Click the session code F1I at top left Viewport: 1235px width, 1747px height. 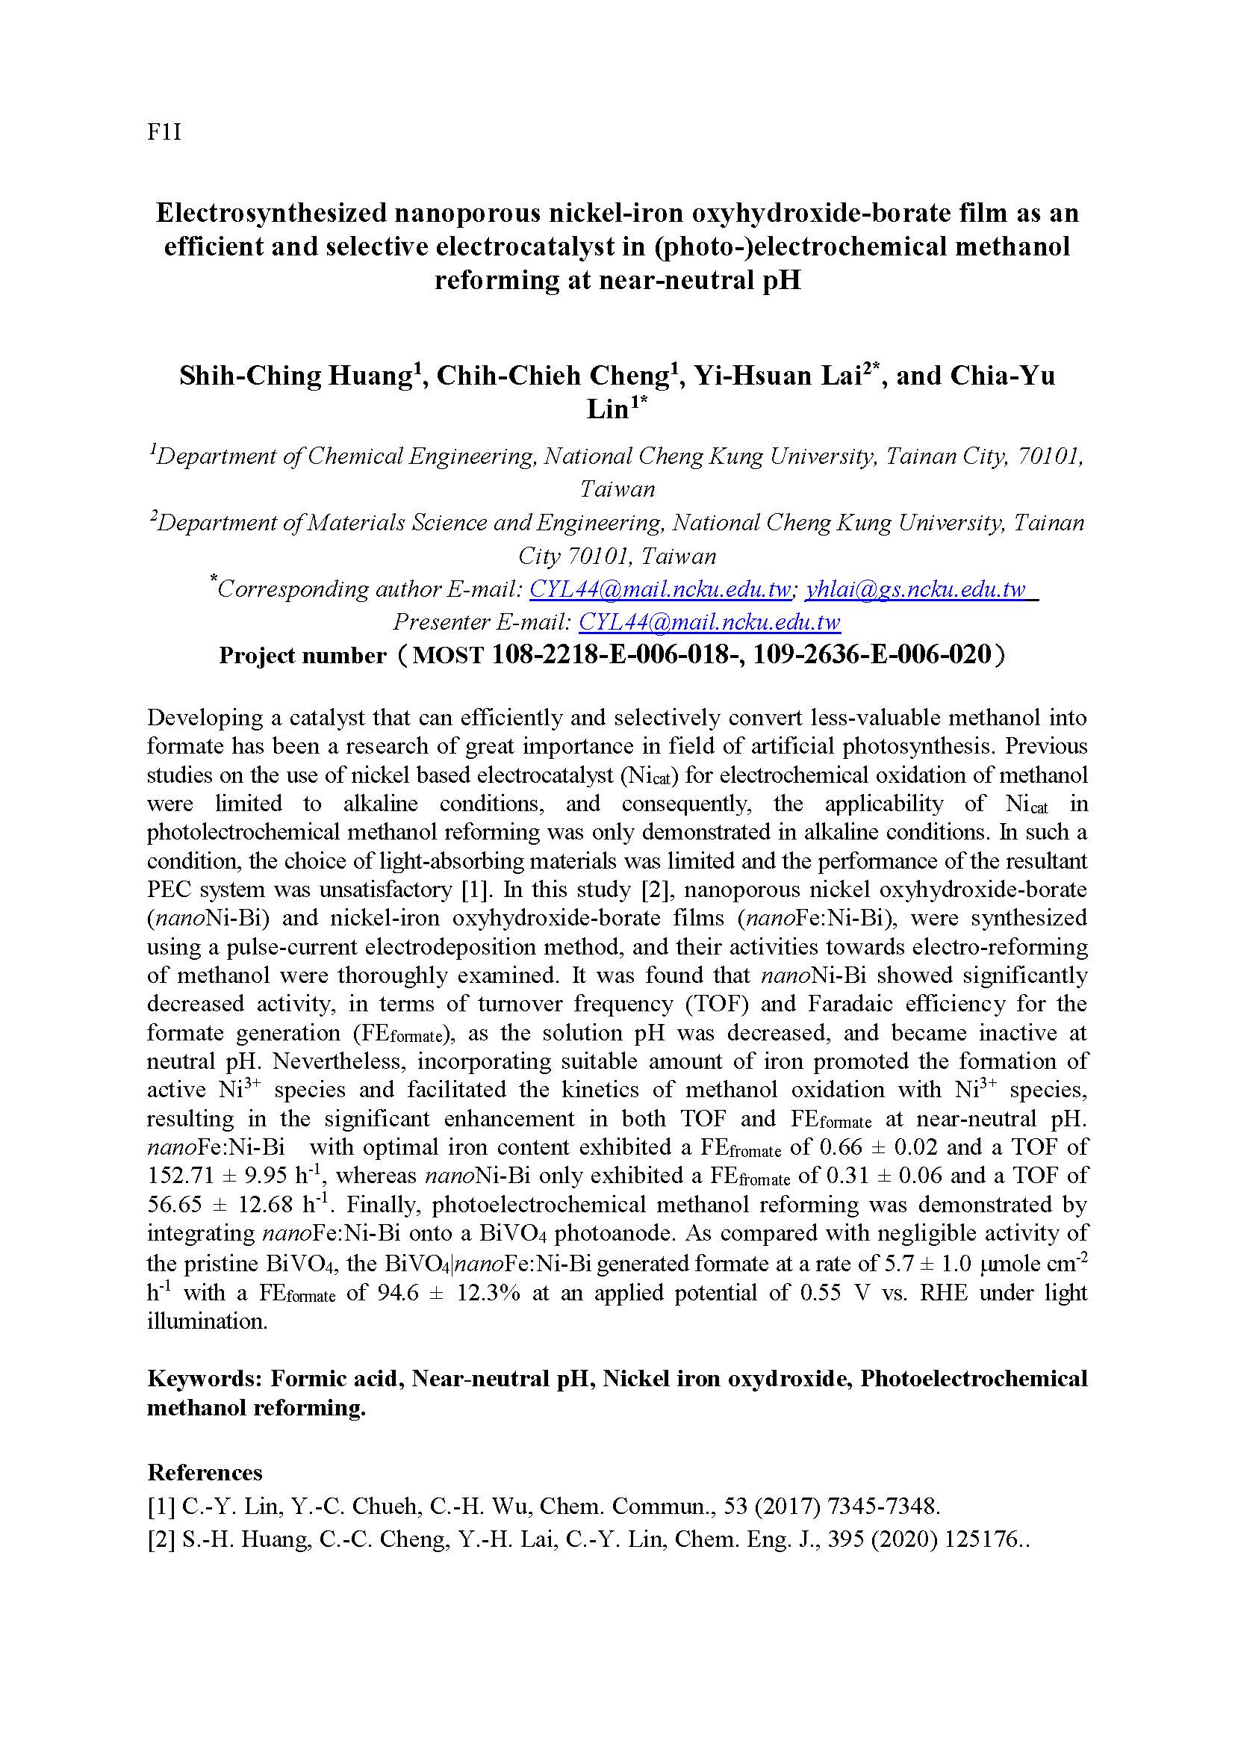pos(164,134)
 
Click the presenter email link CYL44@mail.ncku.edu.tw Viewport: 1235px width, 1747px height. pos(709,622)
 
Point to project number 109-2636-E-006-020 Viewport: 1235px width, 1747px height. pos(872,654)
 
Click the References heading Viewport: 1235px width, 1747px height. pos(205,1472)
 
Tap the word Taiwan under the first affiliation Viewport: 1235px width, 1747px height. pos(617,488)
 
